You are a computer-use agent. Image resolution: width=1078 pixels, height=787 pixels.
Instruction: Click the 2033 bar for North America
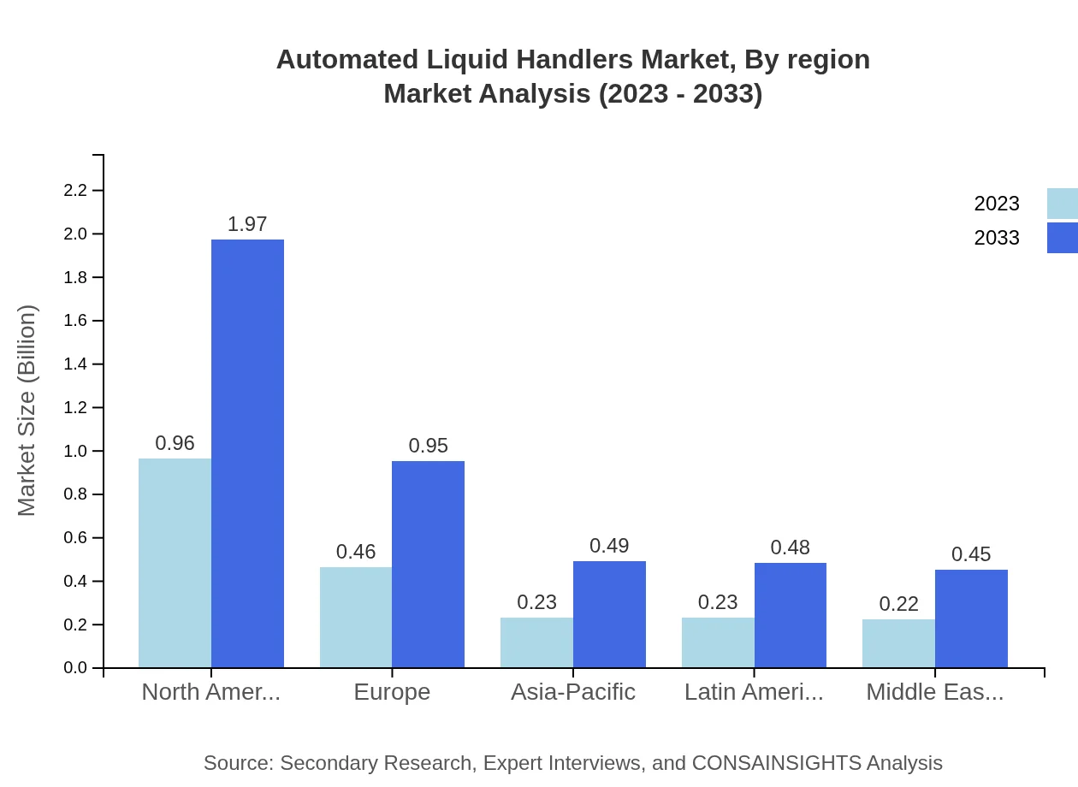coord(247,453)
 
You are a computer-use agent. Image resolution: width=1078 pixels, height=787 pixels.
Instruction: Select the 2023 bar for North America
coord(175,563)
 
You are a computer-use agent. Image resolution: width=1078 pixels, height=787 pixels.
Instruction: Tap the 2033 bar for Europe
coord(428,565)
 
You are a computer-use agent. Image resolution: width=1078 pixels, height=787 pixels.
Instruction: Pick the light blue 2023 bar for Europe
coord(356,617)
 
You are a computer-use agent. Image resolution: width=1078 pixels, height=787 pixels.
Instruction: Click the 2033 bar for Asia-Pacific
coord(609,614)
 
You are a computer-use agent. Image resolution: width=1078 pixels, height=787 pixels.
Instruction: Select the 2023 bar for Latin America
coord(718,642)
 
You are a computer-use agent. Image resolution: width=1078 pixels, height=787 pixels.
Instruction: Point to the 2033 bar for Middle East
coord(971,618)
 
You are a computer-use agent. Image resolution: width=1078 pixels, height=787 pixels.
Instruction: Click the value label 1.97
coord(247,224)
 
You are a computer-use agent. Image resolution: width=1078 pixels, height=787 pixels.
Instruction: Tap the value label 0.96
coord(175,443)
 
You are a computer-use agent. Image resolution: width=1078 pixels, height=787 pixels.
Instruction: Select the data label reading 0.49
coord(609,546)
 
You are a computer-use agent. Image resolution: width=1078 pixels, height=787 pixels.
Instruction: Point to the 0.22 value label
coord(898,604)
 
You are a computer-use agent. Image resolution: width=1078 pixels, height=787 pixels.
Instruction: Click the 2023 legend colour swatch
coord(1062,204)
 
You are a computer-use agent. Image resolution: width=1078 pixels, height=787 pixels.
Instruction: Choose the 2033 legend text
coord(997,238)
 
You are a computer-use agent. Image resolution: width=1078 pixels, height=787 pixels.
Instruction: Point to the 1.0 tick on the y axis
coord(76,451)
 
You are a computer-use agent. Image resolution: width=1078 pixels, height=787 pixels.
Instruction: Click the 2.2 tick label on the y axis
coord(76,190)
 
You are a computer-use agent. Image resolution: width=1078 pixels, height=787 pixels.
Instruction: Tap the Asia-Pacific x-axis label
coord(573,692)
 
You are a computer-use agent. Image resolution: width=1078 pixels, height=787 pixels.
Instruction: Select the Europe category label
coord(392,692)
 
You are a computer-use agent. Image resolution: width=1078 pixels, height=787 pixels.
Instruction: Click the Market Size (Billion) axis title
coord(27,411)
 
